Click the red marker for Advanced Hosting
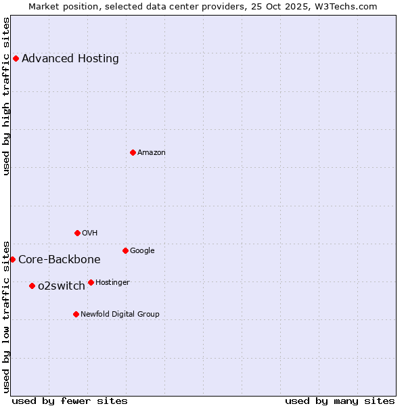click(x=16, y=58)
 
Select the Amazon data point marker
click(x=133, y=152)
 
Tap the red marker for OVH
click(x=77, y=233)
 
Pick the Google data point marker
click(x=125, y=250)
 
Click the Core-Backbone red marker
click(x=12, y=259)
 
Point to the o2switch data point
click(x=32, y=286)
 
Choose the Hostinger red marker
click(x=91, y=282)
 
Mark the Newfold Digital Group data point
click(x=76, y=314)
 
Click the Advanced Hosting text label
click(x=70, y=58)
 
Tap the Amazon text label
click(x=152, y=152)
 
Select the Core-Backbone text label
click(x=60, y=259)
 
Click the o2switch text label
click(x=62, y=286)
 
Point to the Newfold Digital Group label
click(x=120, y=314)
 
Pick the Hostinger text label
click(x=112, y=282)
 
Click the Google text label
click(x=142, y=250)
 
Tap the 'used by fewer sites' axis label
click(x=70, y=401)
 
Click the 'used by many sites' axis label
click(x=340, y=401)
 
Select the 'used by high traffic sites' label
click(x=6, y=96)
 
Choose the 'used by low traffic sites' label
click(x=6, y=316)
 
